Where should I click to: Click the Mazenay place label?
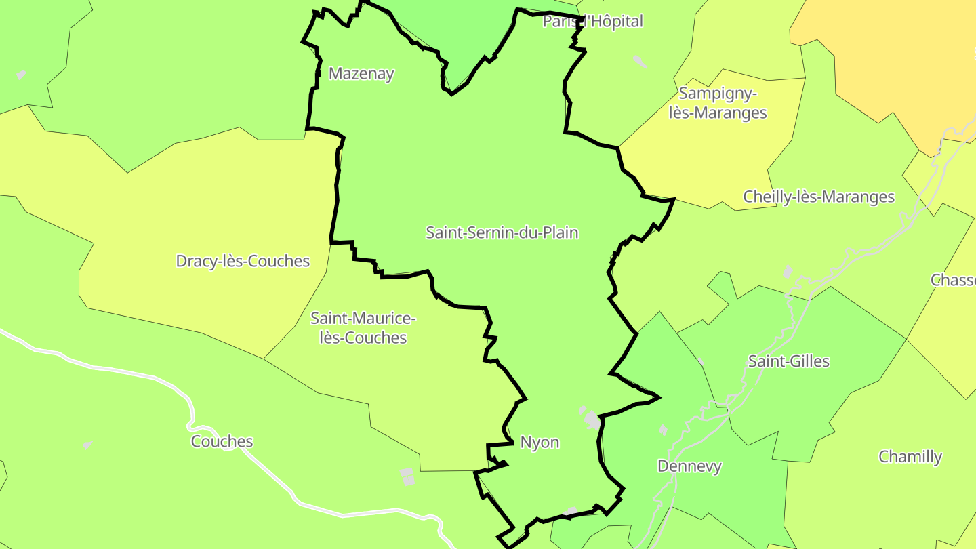(x=361, y=73)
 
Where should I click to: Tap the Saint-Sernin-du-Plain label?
(x=502, y=232)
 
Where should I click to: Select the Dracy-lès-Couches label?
(x=243, y=261)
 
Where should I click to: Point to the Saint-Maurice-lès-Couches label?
(x=363, y=328)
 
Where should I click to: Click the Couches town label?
(x=222, y=442)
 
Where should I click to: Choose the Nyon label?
(x=540, y=443)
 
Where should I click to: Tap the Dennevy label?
(x=689, y=466)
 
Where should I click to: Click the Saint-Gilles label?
(x=788, y=361)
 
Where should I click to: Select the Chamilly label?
(x=910, y=457)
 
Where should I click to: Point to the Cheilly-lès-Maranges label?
(x=819, y=197)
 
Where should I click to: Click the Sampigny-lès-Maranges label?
(x=718, y=103)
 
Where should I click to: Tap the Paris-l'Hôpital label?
(x=593, y=22)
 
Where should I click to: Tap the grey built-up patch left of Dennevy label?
(x=663, y=430)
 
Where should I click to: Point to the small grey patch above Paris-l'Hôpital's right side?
(x=640, y=62)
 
